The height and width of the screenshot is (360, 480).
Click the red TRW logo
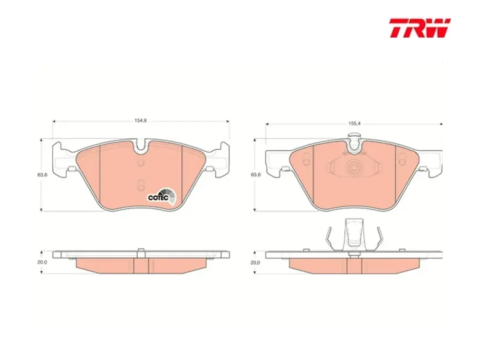420,28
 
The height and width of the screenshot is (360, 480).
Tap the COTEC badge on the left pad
162,196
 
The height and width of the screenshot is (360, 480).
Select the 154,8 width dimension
141,120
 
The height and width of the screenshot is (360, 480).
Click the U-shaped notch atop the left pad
141,146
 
